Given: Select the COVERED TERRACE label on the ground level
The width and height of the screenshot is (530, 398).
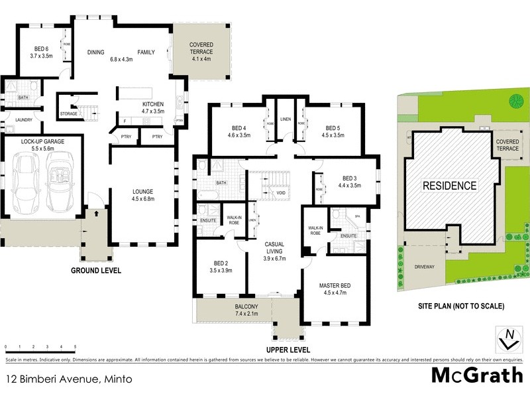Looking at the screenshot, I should [201, 48].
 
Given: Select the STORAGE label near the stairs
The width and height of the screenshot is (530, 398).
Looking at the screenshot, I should [68, 113].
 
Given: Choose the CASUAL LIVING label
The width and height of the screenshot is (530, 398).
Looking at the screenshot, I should [274, 247].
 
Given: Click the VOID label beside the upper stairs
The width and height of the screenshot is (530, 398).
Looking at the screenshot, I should [280, 193].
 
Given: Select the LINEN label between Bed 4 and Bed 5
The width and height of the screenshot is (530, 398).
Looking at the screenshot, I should [286, 119].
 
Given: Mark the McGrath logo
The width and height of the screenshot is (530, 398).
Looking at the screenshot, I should [476, 375].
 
